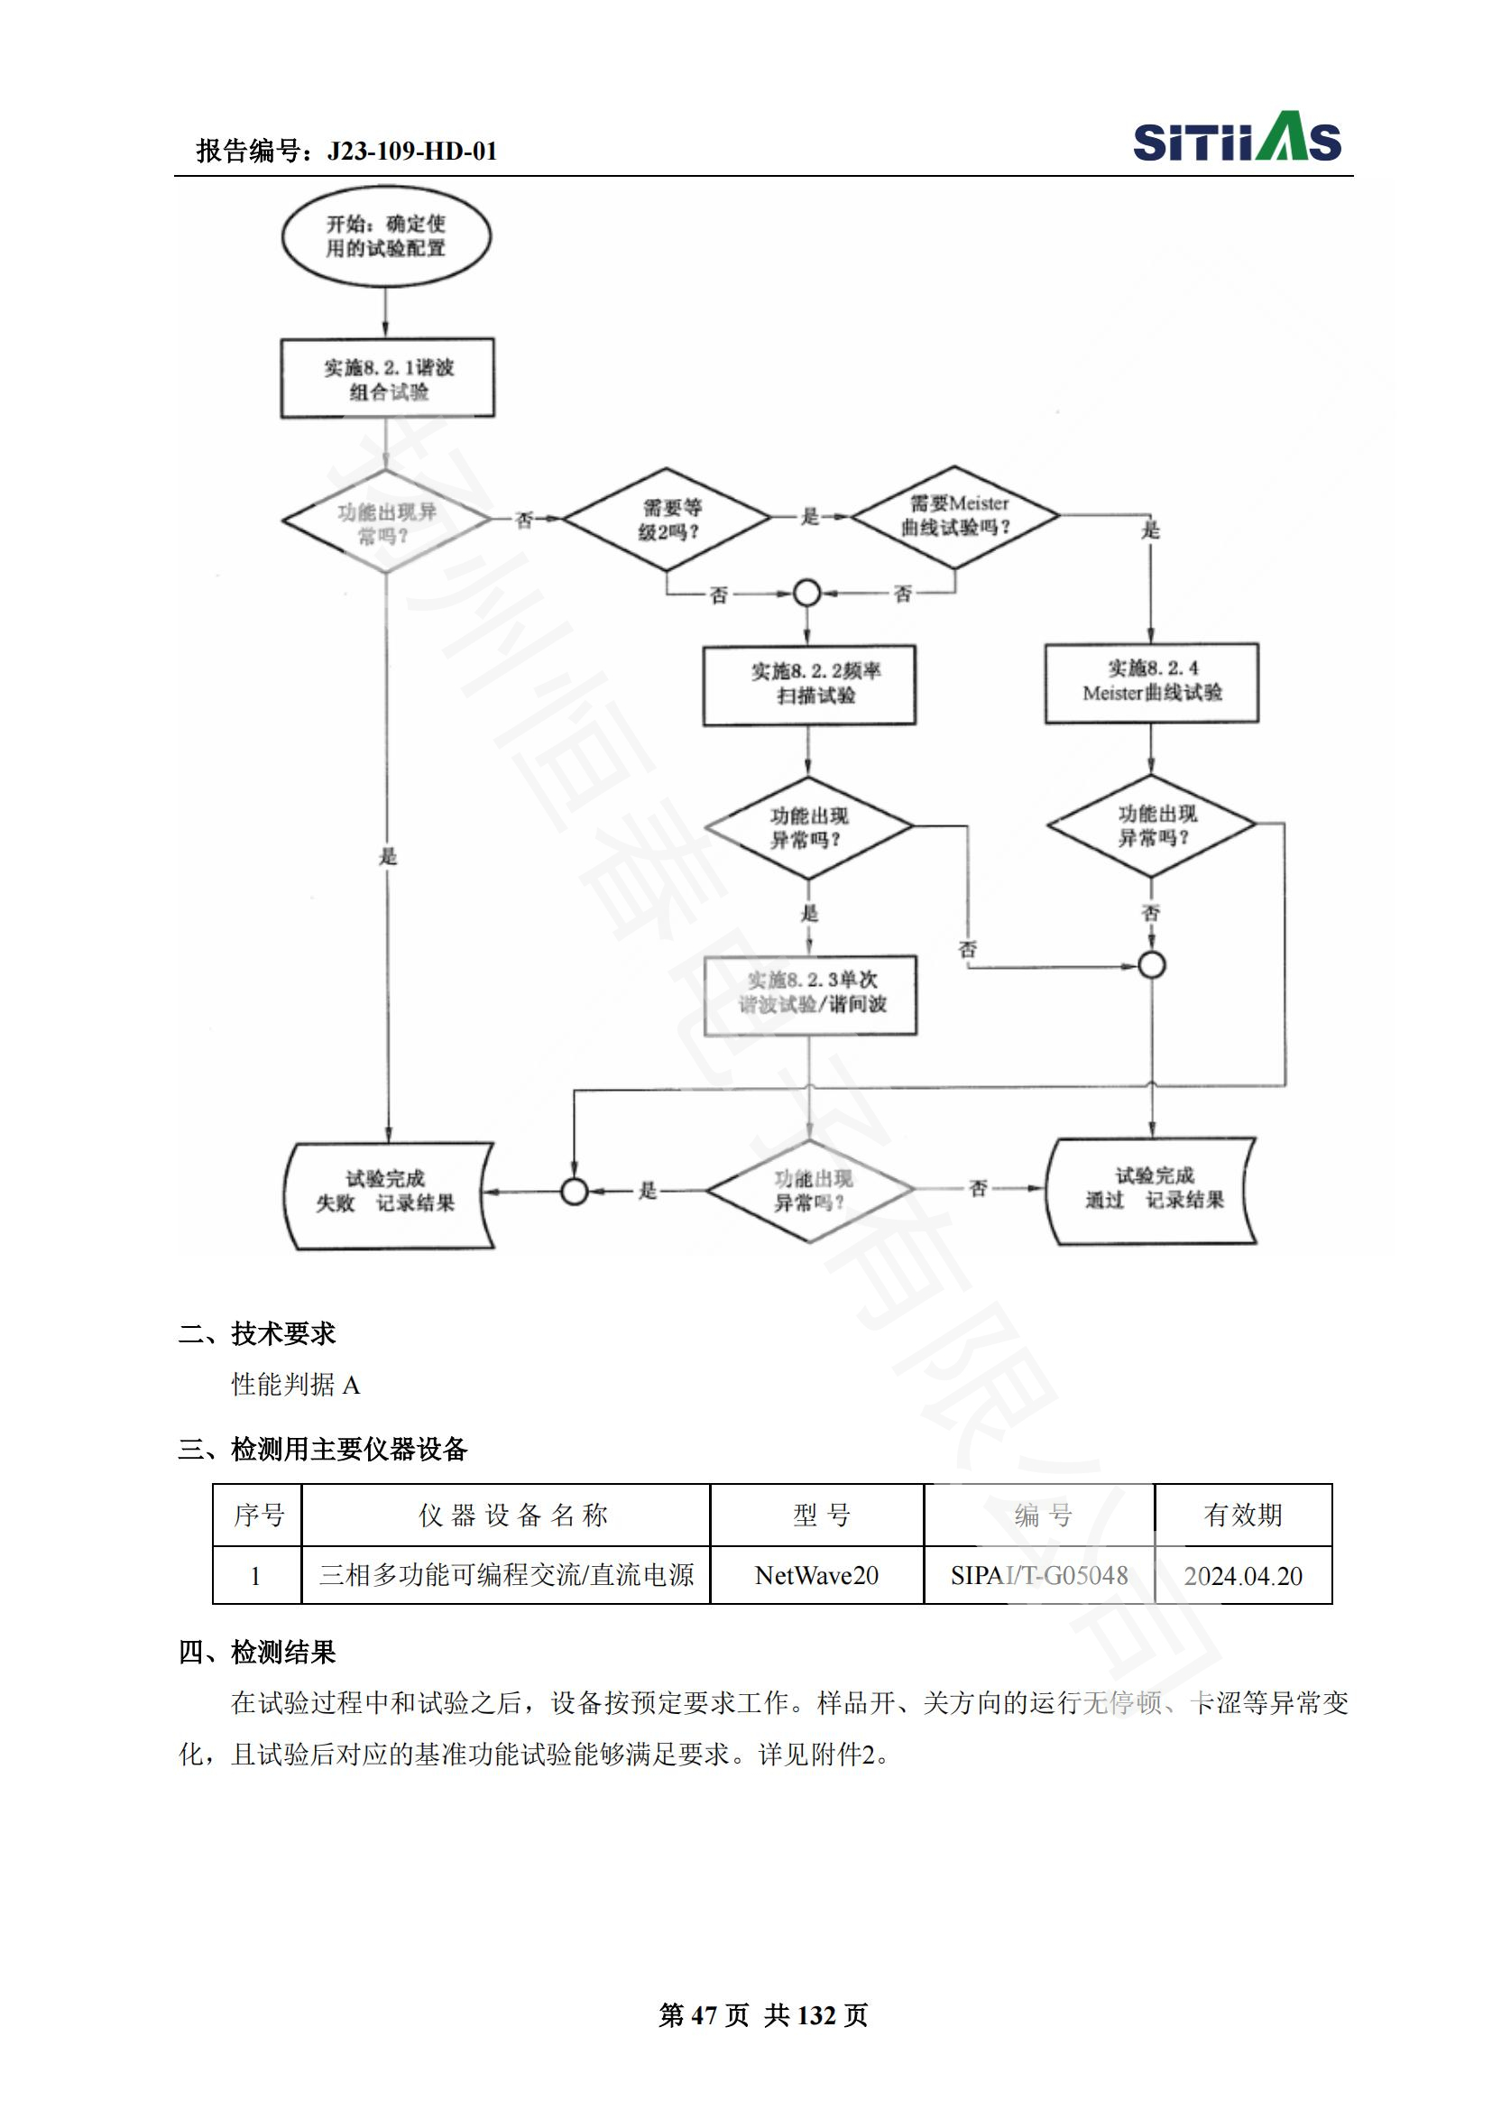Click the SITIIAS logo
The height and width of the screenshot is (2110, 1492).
click(1236, 138)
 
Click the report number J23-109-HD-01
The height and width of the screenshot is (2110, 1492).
click(411, 151)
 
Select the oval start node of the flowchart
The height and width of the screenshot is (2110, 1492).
click(386, 236)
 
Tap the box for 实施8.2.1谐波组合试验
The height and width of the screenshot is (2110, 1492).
click(388, 379)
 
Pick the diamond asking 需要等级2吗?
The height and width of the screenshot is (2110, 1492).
click(667, 520)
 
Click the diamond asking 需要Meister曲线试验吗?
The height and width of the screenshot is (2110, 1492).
click(955, 517)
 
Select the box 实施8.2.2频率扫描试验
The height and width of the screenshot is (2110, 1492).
click(809, 686)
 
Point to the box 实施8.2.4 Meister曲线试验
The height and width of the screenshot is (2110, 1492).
click(1151, 683)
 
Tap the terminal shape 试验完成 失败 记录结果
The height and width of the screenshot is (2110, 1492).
click(388, 1194)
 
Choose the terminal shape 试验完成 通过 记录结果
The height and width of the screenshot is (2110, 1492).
click(1152, 1191)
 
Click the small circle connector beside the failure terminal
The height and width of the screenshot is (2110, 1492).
click(575, 1192)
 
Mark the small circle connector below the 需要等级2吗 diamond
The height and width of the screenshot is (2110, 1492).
click(806, 594)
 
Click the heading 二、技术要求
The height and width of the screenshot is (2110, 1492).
click(257, 1333)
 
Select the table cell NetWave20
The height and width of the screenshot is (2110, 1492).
click(816, 1575)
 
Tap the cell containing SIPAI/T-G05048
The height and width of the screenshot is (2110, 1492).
click(1039, 1575)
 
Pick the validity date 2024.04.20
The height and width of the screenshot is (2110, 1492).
click(1243, 1575)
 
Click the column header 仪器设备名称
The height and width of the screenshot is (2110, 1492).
click(512, 1516)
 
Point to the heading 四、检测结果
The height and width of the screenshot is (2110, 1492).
click(257, 1653)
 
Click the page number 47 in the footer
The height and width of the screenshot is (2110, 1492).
click(704, 2015)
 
